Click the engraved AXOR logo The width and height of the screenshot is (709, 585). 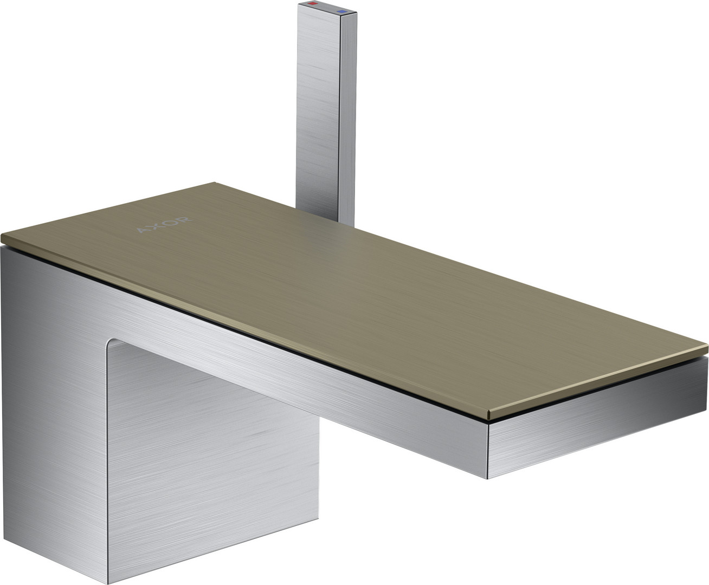pos(164,225)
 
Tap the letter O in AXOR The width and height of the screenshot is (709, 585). pos(171,223)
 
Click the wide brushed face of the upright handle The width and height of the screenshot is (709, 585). pos(318,108)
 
